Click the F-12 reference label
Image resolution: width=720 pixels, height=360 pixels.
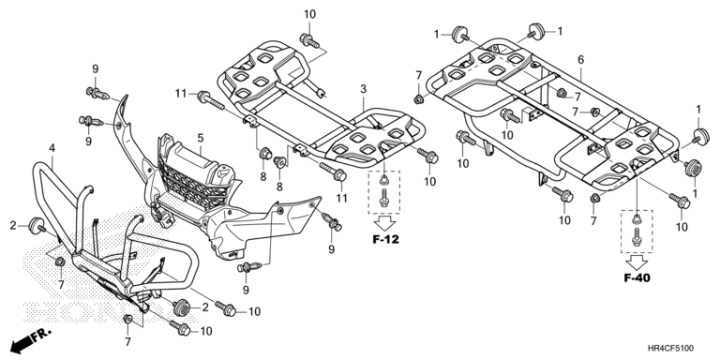(x=385, y=239)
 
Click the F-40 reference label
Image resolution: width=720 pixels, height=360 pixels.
(x=637, y=277)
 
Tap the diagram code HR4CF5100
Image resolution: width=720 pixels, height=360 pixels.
(x=671, y=349)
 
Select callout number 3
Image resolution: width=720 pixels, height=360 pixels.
(x=363, y=89)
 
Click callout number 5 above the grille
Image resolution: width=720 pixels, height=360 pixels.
(x=201, y=138)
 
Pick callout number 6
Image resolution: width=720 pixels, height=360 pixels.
(x=581, y=59)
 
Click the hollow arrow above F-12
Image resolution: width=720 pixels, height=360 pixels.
(x=384, y=224)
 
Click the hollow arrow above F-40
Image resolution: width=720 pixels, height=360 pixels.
(x=637, y=262)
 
